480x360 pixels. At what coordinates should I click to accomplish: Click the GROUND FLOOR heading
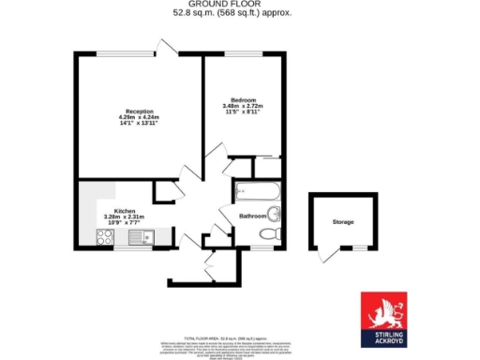click(x=232, y=5)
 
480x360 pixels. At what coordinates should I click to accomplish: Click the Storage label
click(x=342, y=222)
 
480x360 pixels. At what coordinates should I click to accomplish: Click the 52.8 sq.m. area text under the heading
click(x=232, y=14)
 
